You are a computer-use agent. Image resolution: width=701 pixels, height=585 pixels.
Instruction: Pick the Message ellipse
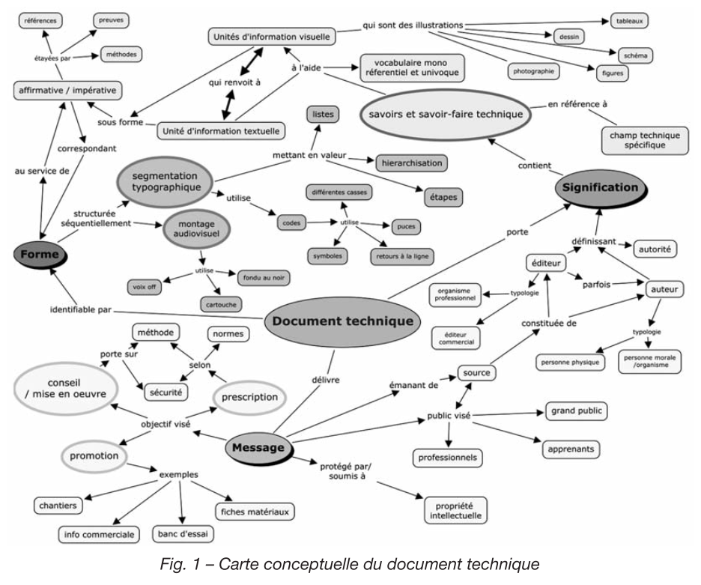pos(258,448)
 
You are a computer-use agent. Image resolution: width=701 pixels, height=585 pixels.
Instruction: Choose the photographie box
pos(535,73)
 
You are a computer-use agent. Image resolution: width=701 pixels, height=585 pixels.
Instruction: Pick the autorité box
pos(655,247)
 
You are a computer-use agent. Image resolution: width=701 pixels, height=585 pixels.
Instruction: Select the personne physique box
pos(570,363)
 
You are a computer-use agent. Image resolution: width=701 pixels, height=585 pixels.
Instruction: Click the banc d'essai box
pos(183,534)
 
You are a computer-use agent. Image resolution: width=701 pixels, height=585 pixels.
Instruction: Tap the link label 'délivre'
pos(325,380)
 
